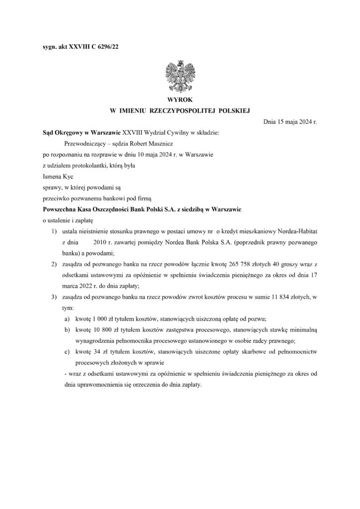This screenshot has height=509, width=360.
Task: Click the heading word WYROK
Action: (180, 100)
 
